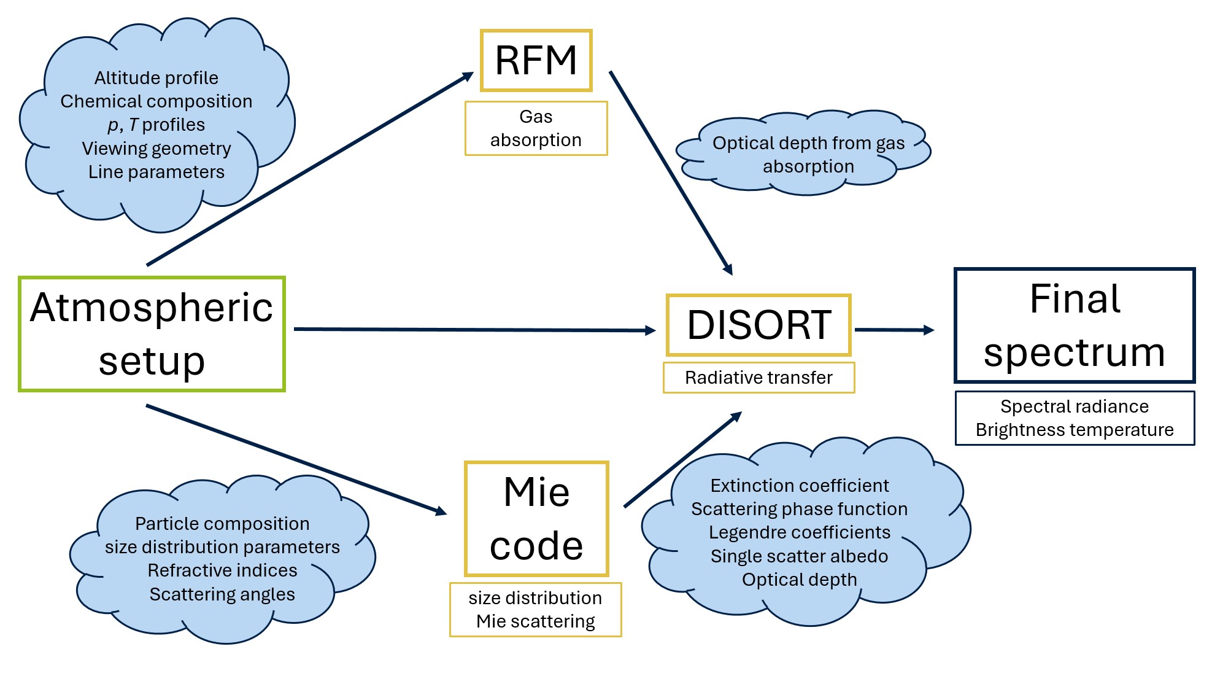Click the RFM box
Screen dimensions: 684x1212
click(536, 60)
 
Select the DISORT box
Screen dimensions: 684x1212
click(758, 325)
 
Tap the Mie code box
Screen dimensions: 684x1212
click(536, 519)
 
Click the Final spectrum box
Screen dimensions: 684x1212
click(1074, 325)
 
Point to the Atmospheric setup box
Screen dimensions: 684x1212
click(152, 334)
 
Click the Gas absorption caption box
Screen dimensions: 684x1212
click(536, 128)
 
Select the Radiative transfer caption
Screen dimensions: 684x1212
click(758, 378)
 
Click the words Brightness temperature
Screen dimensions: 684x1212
click(1074, 430)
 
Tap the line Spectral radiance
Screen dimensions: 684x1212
click(1074, 406)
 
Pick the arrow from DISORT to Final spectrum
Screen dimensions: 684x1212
click(894, 330)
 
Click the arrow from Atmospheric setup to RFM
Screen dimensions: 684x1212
click(310, 169)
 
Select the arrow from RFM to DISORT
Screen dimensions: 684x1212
click(670, 172)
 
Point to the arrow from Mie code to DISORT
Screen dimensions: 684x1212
click(682, 459)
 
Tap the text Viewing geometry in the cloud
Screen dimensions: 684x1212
click(156, 149)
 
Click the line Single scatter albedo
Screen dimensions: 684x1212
click(799, 556)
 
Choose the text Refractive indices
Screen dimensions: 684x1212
click(222, 570)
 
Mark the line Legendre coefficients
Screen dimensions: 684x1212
click(799, 532)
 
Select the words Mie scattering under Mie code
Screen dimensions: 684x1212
click(535, 621)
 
